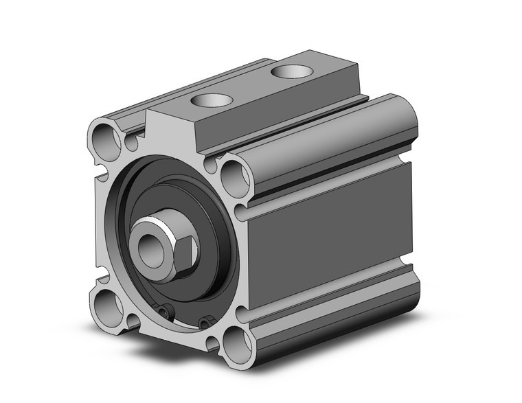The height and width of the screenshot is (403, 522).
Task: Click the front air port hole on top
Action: click(x=209, y=100)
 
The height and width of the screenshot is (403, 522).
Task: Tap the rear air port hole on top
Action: click(x=289, y=69)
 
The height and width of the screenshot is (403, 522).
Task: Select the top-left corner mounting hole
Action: click(x=104, y=141)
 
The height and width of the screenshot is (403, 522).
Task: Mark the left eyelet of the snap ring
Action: click(x=163, y=312)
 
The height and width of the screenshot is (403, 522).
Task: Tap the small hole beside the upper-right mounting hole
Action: click(x=211, y=165)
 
